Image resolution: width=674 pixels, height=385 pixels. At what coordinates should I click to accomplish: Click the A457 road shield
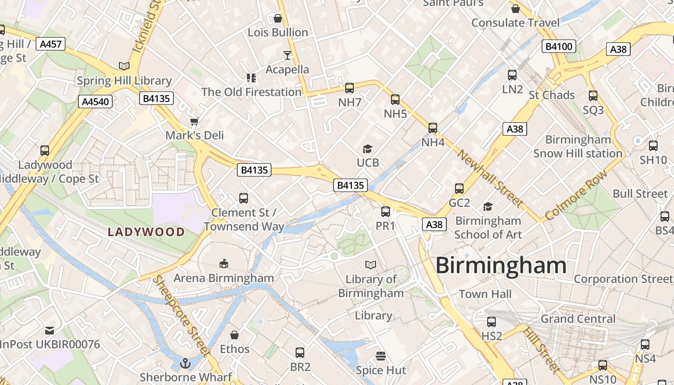pos(51,44)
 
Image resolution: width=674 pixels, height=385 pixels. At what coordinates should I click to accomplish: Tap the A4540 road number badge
pos(95,102)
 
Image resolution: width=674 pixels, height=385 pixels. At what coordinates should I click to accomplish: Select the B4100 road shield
pos(559,46)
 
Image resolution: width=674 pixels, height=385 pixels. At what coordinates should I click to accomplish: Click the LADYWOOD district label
pos(146,232)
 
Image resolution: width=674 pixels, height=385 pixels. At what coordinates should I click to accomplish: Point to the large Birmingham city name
pos(501,266)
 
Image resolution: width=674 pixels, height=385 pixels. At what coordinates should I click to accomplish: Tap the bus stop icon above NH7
pos(350,88)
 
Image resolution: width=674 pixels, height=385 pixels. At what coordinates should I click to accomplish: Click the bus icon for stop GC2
pos(459,189)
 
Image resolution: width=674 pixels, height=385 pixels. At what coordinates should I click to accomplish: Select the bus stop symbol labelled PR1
pos(386,212)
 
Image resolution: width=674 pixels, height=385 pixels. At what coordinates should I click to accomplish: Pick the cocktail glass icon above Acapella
pos(287,55)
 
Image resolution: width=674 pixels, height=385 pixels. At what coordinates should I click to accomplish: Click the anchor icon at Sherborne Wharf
pos(186,363)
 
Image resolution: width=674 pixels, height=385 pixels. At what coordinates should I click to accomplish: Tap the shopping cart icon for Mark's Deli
pos(194,121)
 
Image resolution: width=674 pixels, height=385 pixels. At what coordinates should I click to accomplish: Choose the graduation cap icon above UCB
pos(368,149)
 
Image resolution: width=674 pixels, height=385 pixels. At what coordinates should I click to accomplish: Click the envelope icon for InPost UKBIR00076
pos(50,331)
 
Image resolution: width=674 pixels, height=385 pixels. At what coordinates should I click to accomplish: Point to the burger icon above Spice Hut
pos(381,356)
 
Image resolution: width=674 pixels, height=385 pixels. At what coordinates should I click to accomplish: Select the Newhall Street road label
pos(489,178)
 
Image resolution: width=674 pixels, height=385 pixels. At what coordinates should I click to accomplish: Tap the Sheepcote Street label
pos(181,316)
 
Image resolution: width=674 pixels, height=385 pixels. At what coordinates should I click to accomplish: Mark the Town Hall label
pos(485,294)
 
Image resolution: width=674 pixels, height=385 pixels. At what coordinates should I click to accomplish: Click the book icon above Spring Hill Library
pos(124,66)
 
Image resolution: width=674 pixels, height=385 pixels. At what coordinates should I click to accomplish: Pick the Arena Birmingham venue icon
pos(224,263)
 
